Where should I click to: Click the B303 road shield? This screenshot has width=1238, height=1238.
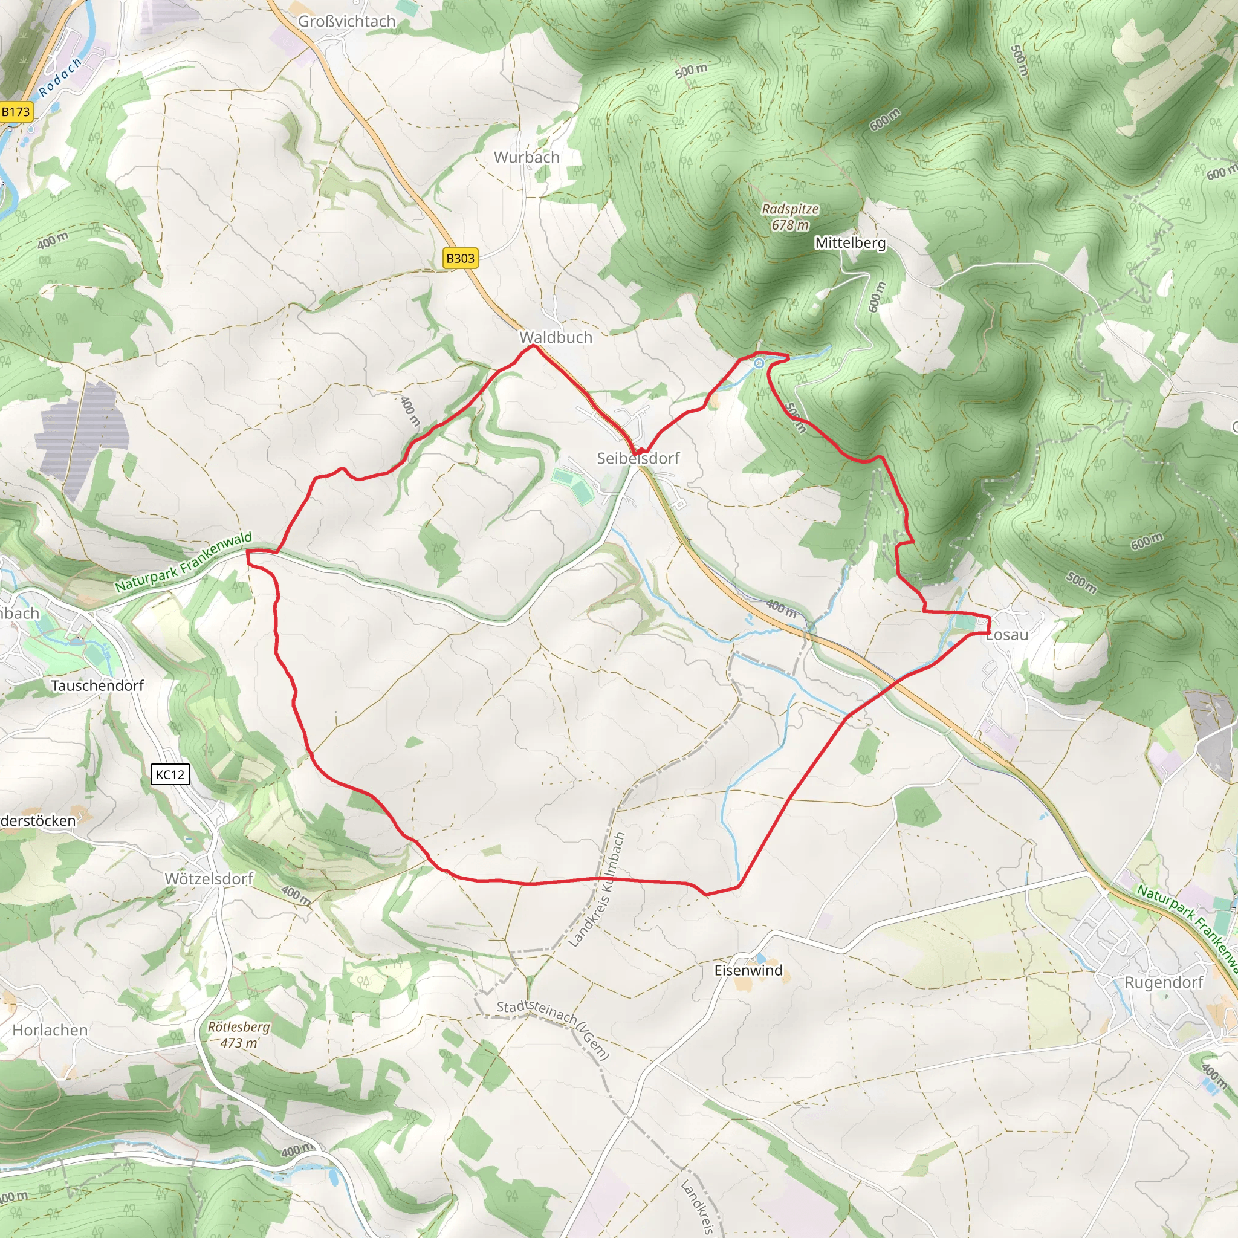point(460,258)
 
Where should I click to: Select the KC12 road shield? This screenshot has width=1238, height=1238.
point(170,774)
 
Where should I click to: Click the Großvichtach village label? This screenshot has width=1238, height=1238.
point(346,21)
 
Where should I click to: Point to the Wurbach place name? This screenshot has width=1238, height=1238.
point(527,157)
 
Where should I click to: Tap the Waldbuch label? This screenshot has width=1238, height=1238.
point(556,337)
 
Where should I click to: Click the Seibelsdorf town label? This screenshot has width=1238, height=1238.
point(638,458)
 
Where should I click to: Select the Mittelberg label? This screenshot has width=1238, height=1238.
point(851,243)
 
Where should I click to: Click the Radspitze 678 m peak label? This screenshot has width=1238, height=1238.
point(790,216)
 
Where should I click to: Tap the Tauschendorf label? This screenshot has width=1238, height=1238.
point(97,685)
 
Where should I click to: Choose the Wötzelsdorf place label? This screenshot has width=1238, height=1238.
point(209,878)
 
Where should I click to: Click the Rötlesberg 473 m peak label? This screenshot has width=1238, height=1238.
point(239,1034)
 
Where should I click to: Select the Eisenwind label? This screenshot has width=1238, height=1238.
point(748,970)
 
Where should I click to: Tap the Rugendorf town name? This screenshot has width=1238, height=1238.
point(1164,982)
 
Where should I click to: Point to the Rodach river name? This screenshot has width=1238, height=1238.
point(61,77)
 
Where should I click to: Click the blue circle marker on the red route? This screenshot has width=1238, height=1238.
point(759,363)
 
